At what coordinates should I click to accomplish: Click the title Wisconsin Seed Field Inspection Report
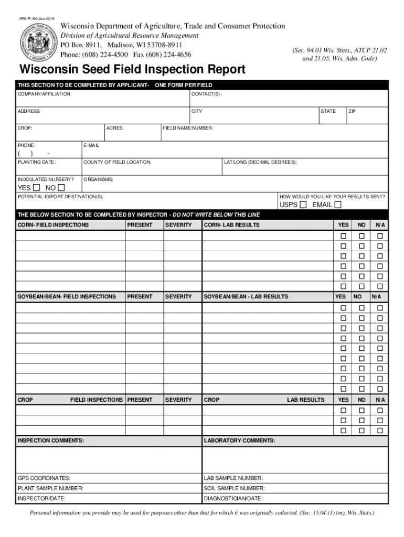tap(132, 70)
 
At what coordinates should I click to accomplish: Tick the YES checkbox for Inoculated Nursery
tap(36, 188)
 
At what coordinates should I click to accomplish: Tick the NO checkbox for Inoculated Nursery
tap(61, 188)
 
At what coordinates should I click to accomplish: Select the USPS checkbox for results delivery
tap(303, 205)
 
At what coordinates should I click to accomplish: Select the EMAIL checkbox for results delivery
tap(338, 205)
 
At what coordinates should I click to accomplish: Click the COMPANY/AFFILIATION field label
tap(45, 94)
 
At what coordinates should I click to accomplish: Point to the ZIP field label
tap(352, 111)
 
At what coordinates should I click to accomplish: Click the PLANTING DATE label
tap(37, 162)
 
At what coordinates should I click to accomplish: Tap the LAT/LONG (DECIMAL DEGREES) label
tap(260, 162)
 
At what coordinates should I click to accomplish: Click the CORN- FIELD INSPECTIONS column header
tap(54, 225)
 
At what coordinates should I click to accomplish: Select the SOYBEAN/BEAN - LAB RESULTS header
tap(246, 296)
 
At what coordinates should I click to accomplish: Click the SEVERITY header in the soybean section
tap(179, 296)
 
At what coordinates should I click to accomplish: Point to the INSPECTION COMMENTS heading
tap(51, 441)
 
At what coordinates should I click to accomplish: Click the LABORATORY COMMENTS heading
tap(239, 441)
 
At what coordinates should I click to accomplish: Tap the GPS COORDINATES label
tap(44, 478)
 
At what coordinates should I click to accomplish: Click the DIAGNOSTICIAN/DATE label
tap(233, 498)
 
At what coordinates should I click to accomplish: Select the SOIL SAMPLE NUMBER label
tap(234, 488)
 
